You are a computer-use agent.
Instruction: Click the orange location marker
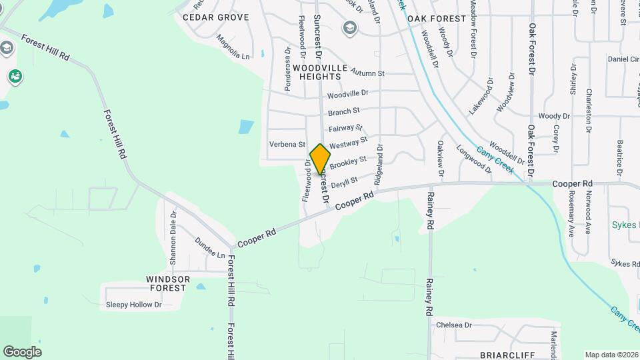320,159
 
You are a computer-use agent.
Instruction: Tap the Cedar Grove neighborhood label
215,17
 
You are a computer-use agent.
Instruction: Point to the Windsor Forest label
169,283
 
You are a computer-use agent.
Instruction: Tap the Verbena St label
287,144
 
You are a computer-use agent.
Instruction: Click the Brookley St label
349,161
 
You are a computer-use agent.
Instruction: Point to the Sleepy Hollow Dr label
134,305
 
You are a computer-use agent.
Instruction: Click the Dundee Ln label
209,248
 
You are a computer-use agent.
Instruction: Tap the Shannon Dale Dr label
173,237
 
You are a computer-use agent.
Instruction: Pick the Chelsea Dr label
453,325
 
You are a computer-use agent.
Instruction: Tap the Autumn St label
367,73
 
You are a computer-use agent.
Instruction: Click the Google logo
22,352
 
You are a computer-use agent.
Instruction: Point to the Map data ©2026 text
612,355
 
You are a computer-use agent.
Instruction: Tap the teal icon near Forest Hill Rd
15,77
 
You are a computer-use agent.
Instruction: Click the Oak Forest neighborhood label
437,19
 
